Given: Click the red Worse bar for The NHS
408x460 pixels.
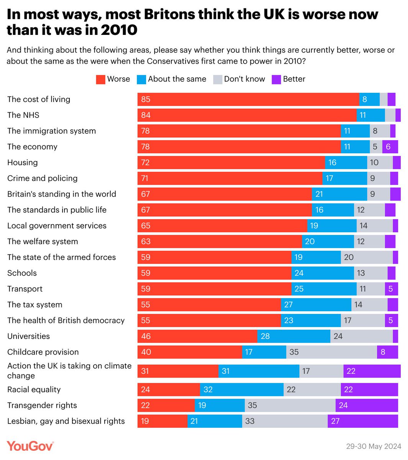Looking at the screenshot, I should pyautogui.click(x=247, y=115).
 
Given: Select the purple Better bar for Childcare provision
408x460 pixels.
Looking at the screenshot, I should pyautogui.click(x=387, y=352).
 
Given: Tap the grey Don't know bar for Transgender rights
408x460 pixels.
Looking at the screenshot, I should pyautogui.click(x=290, y=405).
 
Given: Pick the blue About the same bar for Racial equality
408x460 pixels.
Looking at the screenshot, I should pyautogui.click(x=242, y=389).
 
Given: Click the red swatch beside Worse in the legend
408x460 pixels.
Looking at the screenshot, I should pyautogui.click(x=100, y=79).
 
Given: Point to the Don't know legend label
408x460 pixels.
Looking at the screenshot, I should pyautogui.click(x=244, y=79).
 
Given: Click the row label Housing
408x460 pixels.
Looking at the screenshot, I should pyautogui.click(x=23, y=163).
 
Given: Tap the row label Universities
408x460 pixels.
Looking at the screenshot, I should pyautogui.click(x=29, y=336).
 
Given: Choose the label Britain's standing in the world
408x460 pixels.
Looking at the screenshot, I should pyautogui.click(x=62, y=194).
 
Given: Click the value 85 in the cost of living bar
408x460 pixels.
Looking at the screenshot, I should pyautogui.click(x=146, y=99).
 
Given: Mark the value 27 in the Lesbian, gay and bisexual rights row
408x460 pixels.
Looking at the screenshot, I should pyautogui.click(x=335, y=421).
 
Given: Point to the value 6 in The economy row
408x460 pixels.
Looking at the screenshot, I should pyautogui.click(x=388, y=147).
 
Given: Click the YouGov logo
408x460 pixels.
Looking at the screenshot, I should pyautogui.click(x=30, y=446).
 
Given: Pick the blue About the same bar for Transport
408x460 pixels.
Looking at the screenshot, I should pyautogui.click(x=324, y=289).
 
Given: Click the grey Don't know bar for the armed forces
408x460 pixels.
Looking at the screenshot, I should pyautogui.click(x=367, y=257).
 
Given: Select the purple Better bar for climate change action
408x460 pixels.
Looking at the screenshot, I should pyautogui.click(x=372, y=371).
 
